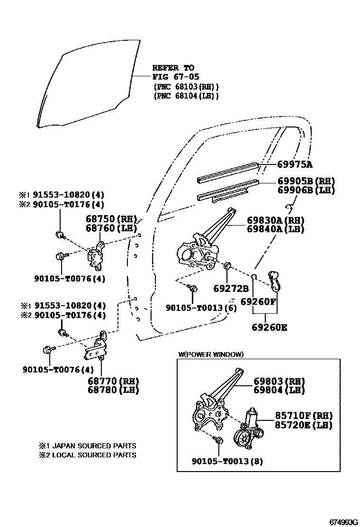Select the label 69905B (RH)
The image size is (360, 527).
pos(306,181)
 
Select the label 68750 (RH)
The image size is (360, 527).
pos(111,219)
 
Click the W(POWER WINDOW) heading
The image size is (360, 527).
pos(211,354)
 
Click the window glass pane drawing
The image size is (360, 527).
pos(85,81)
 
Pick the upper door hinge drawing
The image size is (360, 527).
pos(97,255)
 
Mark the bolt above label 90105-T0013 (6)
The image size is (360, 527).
pos(193,288)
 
